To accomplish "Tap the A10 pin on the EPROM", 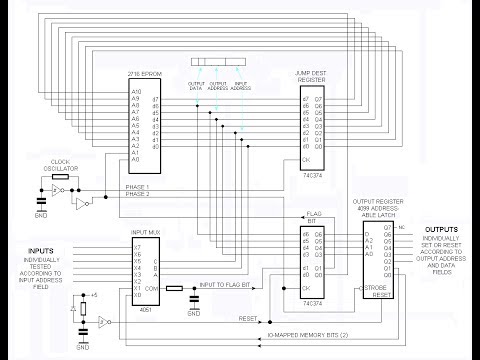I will tap(136, 93).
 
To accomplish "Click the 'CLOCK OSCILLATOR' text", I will tap(61, 164).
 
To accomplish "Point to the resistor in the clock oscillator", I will tap(60, 176).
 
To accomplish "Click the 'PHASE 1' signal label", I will tap(136, 187).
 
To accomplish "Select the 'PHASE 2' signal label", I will tap(136, 194).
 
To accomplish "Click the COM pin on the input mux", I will tap(152, 287).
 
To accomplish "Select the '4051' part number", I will tap(147, 310).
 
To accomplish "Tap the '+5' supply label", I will tap(93, 296).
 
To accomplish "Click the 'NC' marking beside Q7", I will tap(401, 228).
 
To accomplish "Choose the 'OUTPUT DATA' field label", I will tap(195, 85).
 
